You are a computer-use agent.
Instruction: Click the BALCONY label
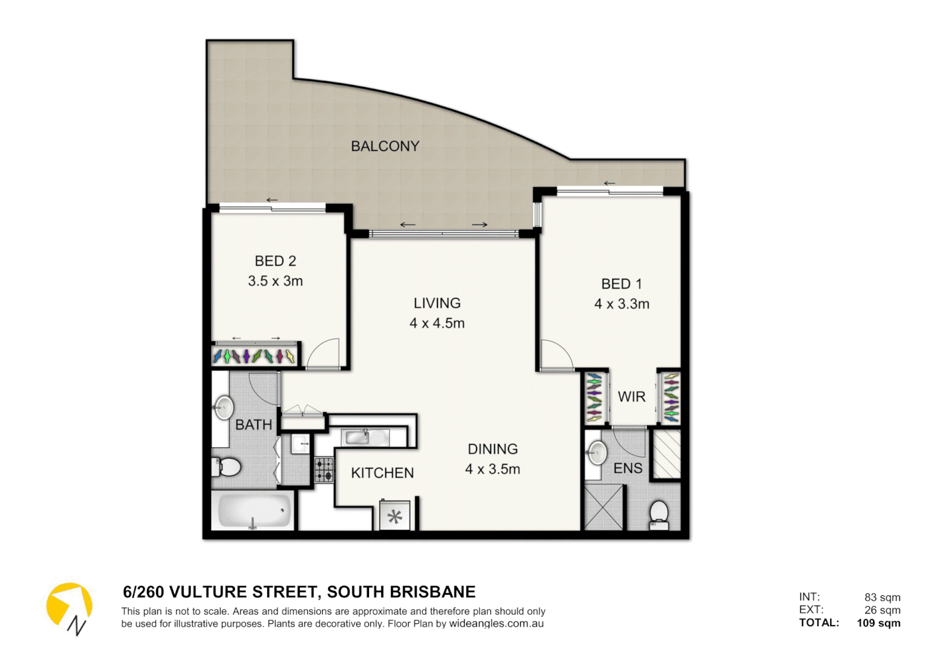pos(385,146)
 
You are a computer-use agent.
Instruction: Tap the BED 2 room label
pos(275,261)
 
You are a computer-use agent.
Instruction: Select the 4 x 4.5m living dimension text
pos(437,324)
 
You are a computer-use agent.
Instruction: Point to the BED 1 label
pos(621,284)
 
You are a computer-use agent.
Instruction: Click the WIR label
pos(631,397)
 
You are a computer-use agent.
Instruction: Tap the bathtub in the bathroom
pos(254,511)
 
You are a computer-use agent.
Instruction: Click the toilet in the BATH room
pos(226,467)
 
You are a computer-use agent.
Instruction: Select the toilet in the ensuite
pos(659,514)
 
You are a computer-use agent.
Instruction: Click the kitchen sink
pos(365,437)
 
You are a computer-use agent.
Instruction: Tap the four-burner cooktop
pos(324,470)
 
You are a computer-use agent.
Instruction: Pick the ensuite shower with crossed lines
pos(604,507)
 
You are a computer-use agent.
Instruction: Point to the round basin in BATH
pos(224,406)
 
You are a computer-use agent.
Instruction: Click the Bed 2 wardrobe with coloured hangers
pos(254,356)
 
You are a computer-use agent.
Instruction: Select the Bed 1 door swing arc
pos(556,355)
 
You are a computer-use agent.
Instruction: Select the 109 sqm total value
pos(878,623)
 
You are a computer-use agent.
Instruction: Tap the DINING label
pos(492,449)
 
